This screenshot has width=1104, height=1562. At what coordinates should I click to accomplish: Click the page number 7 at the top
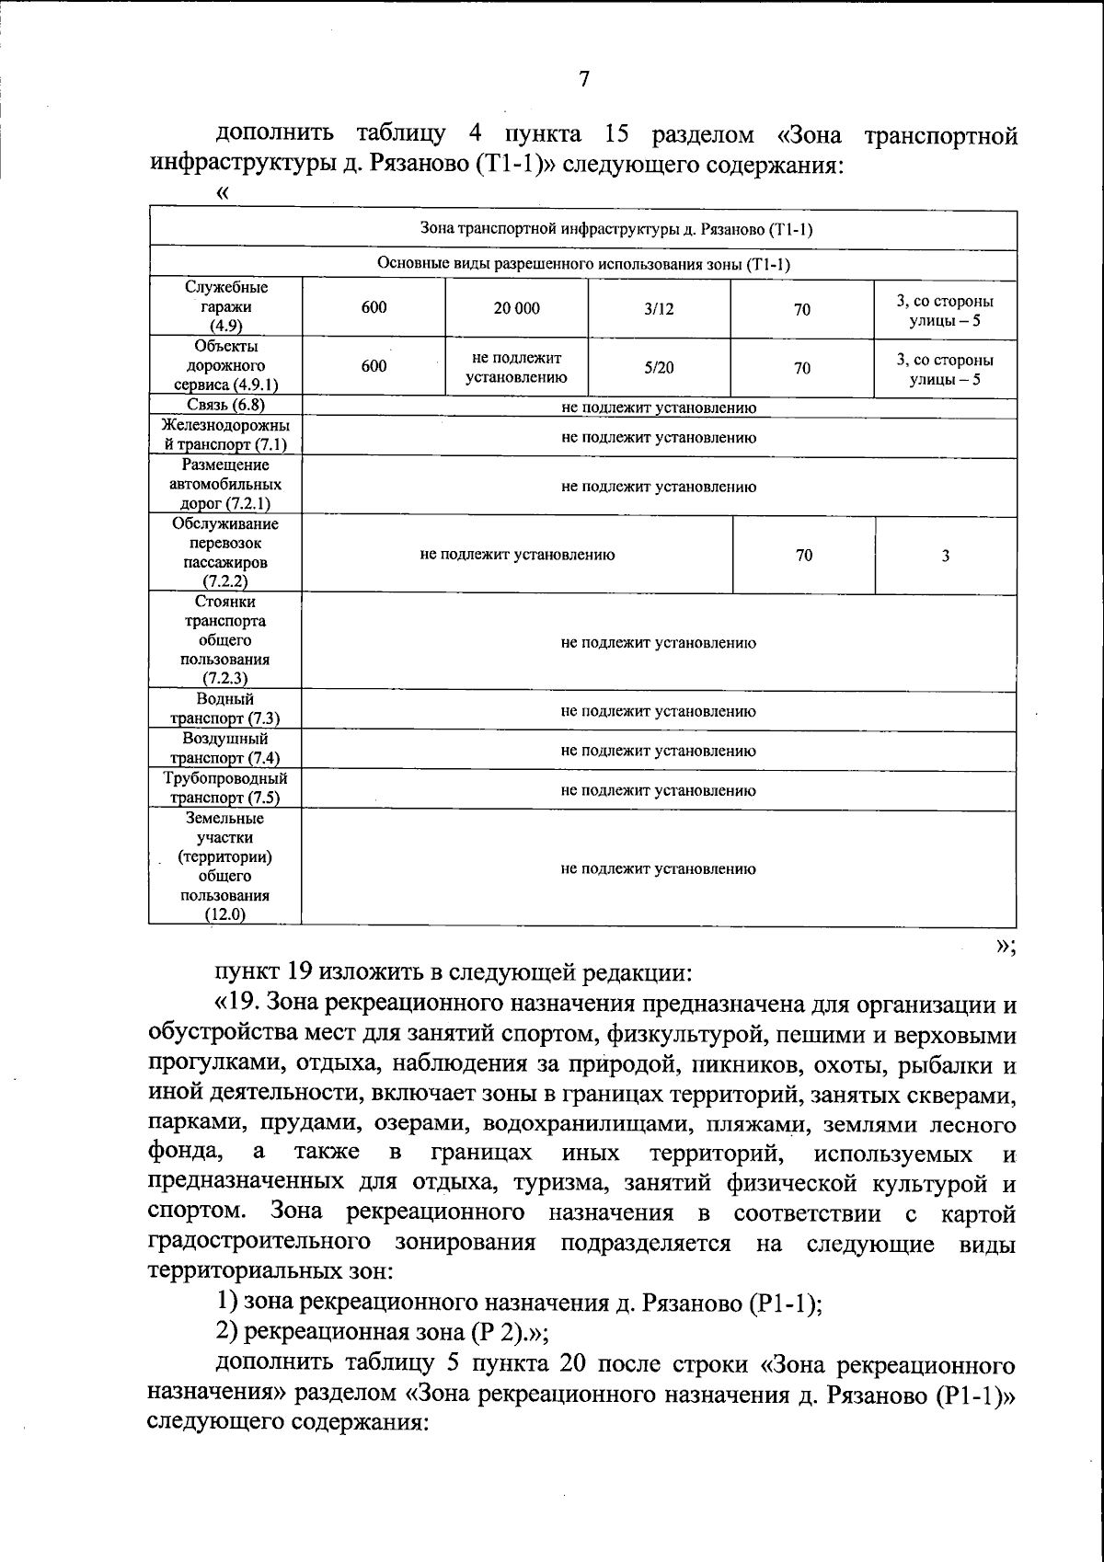(583, 79)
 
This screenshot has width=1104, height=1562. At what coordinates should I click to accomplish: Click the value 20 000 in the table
(516, 309)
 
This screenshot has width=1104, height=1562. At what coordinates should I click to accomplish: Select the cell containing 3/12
(659, 309)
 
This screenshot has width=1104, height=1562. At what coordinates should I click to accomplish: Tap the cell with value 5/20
(659, 368)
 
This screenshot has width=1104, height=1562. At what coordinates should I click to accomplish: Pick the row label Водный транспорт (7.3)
(224, 709)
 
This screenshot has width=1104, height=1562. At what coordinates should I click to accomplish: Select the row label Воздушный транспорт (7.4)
(224, 749)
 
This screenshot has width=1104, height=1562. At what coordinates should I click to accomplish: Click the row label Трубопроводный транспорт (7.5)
(224, 788)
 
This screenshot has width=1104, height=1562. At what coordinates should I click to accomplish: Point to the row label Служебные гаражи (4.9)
(224, 307)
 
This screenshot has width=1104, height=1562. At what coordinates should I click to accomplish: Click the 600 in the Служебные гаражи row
(374, 308)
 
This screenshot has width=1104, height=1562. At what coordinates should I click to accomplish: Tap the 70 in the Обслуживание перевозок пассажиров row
(804, 555)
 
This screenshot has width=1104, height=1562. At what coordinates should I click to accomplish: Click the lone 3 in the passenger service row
(945, 556)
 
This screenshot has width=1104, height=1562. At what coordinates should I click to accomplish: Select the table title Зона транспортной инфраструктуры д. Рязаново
(616, 229)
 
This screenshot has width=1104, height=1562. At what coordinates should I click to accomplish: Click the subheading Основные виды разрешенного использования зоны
(583, 265)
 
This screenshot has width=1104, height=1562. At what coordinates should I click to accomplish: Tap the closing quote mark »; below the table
(1005, 948)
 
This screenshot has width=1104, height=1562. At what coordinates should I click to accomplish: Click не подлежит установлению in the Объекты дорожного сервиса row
(516, 367)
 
